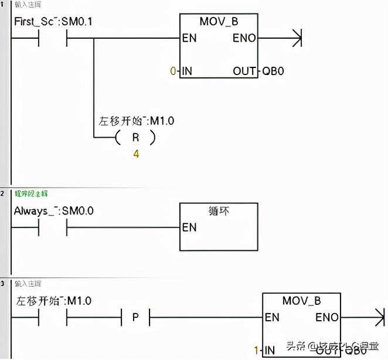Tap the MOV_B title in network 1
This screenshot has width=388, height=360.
(219, 22)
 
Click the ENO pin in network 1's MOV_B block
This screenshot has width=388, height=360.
(244, 39)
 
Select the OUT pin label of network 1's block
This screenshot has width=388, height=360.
(244, 71)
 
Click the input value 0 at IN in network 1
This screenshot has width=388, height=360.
(172, 71)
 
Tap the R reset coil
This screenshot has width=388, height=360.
(135, 138)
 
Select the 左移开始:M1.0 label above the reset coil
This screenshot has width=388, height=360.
(137, 121)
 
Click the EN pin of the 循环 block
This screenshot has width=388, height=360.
(189, 227)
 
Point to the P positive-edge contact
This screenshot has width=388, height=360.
(135, 318)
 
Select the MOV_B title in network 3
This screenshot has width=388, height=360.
(302, 301)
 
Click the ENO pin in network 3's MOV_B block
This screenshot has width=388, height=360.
(327, 317)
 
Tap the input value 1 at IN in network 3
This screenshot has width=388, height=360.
(256, 350)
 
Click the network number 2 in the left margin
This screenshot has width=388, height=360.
(2, 192)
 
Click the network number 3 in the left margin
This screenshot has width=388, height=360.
(2, 283)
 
